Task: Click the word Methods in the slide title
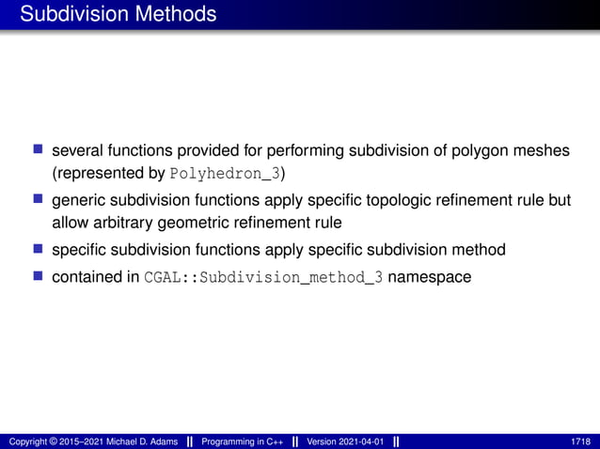click(171, 14)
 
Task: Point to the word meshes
click(542, 149)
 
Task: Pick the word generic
click(79, 200)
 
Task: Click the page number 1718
click(580, 441)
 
